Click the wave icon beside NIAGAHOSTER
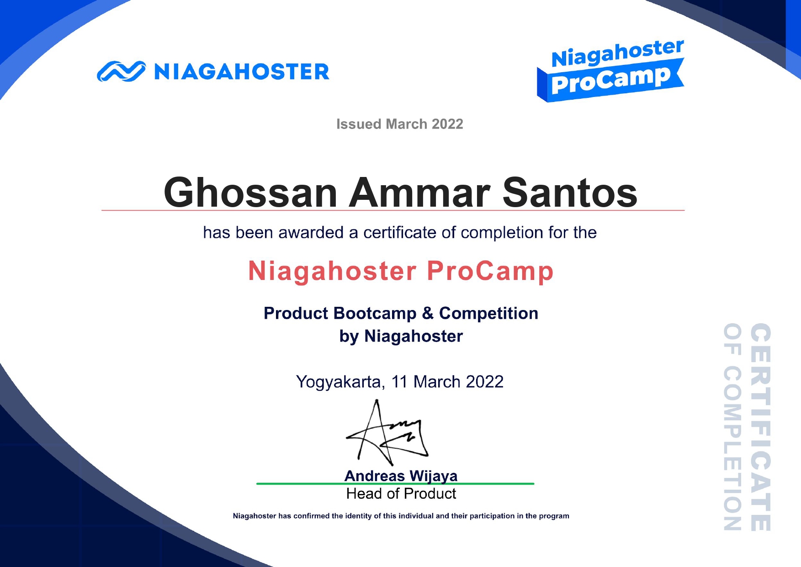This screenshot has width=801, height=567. click(x=121, y=71)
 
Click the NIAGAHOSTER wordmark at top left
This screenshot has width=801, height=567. click(x=242, y=72)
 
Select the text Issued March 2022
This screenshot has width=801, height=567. click(x=400, y=124)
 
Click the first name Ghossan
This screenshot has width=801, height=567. click(x=250, y=193)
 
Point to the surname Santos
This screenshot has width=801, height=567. click(x=570, y=193)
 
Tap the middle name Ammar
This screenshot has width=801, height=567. click(x=420, y=193)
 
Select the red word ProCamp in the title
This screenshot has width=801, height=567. click(x=490, y=271)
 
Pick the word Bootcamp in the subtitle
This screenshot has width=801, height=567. click(x=375, y=313)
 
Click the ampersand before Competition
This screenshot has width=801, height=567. click(x=428, y=313)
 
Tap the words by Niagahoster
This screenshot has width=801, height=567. click(x=401, y=336)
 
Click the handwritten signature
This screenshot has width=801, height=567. click(x=387, y=432)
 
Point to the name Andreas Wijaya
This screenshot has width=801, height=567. click(x=401, y=476)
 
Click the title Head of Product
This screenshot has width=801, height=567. click(x=401, y=493)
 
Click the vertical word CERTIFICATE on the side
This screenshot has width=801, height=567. click(x=761, y=427)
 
